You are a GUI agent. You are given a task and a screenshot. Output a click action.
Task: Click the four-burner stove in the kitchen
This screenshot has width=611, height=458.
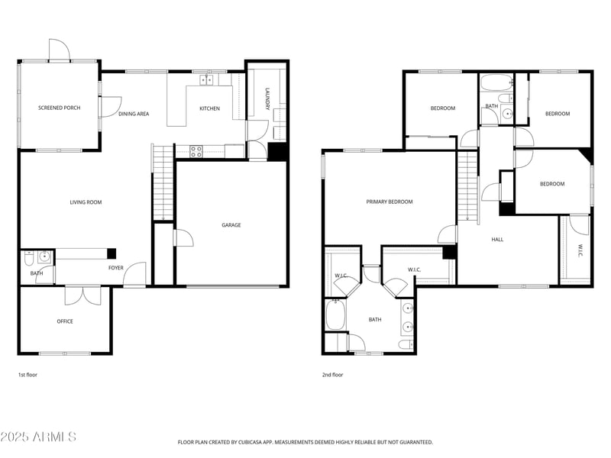pos(196,151)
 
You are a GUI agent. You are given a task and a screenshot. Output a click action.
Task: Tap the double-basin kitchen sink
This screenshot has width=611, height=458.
pos(208,79)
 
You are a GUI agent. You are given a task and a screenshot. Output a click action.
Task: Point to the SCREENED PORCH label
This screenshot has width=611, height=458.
pos(59,108)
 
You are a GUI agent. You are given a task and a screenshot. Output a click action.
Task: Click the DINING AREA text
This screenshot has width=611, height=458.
pos(134,114)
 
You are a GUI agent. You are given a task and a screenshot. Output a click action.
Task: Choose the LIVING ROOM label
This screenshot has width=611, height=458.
pos(86,202)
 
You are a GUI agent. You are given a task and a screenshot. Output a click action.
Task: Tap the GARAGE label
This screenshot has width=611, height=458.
pos(231,225)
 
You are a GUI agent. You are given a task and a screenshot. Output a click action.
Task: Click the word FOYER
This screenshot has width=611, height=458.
pos(115,268)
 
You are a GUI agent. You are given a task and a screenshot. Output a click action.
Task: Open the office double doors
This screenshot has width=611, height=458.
pos(82,294)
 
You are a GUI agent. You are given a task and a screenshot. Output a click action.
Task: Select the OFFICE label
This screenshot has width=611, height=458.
pos(65,321)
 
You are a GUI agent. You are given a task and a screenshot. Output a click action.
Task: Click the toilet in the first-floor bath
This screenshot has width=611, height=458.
pos(28,256)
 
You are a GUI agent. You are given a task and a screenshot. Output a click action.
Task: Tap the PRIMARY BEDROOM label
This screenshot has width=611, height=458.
pos(389,202)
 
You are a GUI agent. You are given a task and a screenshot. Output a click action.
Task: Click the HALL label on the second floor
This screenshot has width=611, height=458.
pos(497,240)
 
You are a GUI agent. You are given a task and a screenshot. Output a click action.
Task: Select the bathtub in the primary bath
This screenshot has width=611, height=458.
pos(335,314)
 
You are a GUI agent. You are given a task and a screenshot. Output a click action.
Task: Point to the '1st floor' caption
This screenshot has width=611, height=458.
pos(27,375)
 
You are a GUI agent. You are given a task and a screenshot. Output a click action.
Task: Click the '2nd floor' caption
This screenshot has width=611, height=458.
pos(333,375)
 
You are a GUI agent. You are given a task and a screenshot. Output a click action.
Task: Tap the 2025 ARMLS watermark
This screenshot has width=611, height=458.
pos(38,437)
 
